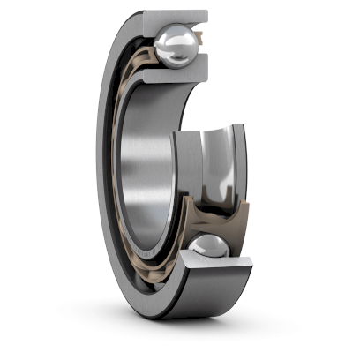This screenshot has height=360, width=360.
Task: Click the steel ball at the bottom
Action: point(209,251)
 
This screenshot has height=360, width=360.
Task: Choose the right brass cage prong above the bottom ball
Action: point(236,216)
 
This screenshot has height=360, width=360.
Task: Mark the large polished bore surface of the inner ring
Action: point(146,159)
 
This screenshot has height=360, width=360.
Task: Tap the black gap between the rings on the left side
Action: point(117,176)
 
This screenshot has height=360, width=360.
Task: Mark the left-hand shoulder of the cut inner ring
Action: point(181,168)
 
